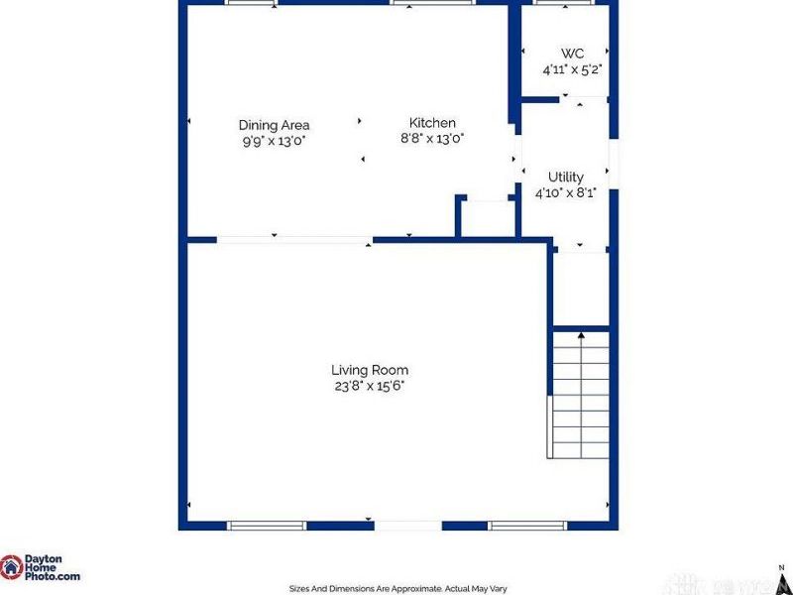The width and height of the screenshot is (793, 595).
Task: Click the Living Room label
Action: [x=370, y=370]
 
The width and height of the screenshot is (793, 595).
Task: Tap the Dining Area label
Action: [x=274, y=125]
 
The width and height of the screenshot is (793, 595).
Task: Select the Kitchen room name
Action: [x=432, y=123]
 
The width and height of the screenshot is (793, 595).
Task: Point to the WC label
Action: [x=572, y=54]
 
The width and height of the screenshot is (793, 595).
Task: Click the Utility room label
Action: [x=565, y=177]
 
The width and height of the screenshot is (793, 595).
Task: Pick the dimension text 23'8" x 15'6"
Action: [x=370, y=386]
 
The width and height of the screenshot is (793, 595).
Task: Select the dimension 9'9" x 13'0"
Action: [x=274, y=141]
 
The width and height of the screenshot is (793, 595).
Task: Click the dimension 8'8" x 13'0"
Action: [x=432, y=139]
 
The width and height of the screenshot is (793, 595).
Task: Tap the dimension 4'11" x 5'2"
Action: [x=572, y=70]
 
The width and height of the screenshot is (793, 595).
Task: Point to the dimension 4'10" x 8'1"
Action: [x=565, y=193]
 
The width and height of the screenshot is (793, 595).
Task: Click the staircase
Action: [x=579, y=397]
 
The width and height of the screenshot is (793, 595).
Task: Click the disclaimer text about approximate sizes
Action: [x=396, y=587]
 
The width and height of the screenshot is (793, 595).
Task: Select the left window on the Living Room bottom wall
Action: [x=267, y=525]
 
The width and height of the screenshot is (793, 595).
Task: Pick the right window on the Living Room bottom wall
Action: [x=526, y=525]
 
